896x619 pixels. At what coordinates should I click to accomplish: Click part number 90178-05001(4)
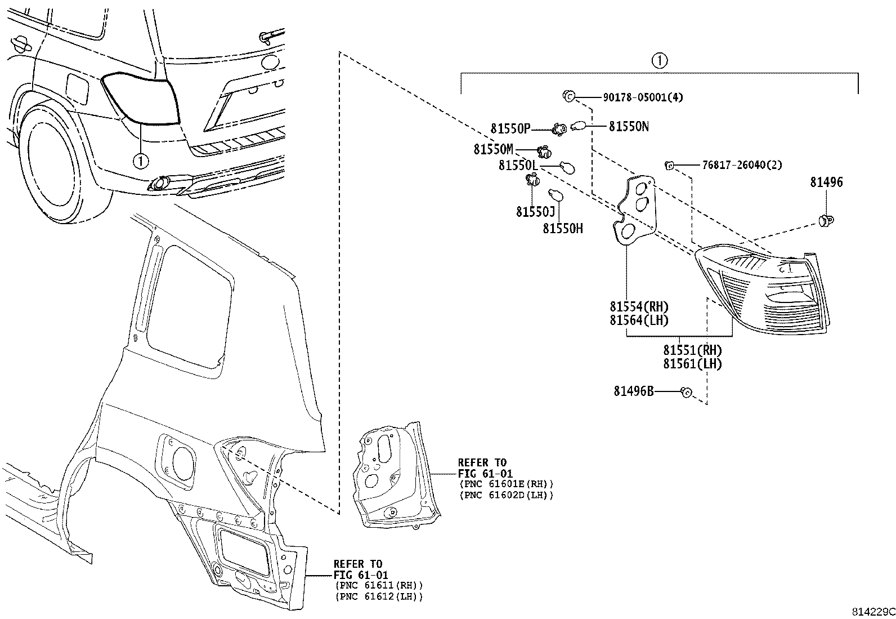(643, 97)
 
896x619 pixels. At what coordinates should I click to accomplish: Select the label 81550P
(510, 129)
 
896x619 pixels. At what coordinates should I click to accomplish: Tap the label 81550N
(628, 127)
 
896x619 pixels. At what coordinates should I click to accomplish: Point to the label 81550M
(493, 149)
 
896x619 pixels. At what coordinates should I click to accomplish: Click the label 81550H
(562, 228)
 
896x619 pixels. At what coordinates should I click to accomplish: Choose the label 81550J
(535, 211)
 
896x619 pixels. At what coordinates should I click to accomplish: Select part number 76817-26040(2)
(742, 165)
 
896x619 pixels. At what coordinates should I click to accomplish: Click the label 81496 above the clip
(826, 182)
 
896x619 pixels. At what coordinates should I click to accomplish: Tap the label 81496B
(634, 390)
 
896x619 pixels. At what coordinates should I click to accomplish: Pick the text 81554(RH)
(638, 307)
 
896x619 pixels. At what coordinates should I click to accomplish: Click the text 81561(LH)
(692, 364)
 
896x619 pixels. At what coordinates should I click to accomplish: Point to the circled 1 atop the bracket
(659, 60)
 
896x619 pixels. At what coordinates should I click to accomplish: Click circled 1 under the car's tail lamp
(140, 161)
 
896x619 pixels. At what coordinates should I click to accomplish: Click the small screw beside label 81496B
(686, 391)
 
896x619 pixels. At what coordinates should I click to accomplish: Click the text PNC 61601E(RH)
(506, 484)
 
